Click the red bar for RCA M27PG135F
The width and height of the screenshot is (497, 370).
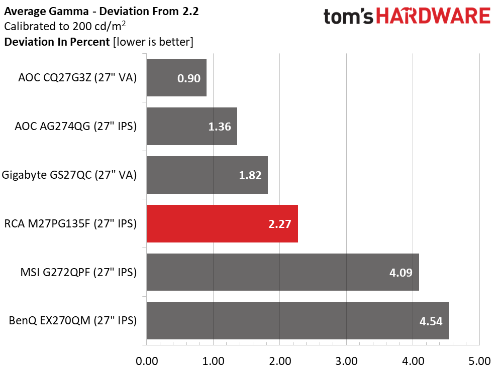pyautogui.click(x=222, y=223)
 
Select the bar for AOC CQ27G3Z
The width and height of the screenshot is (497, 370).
pyautogui.click(x=176, y=78)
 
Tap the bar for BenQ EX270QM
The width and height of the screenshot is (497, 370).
pyautogui.click(x=297, y=321)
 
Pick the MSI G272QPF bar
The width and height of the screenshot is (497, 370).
pyautogui.click(x=283, y=272)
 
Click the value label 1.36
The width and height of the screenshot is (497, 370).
pyautogui.click(x=220, y=127)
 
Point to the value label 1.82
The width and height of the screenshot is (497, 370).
pyautogui.click(x=250, y=175)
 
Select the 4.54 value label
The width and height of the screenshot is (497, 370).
pyautogui.click(x=431, y=321)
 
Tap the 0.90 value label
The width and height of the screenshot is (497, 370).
pyautogui.click(x=189, y=78)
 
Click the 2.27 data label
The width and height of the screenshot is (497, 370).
pyautogui.click(x=279, y=224)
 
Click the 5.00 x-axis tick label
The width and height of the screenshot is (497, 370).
pyautogui.click(x=479, y=361)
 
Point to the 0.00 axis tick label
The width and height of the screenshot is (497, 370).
pyautogui.click(x=147, y=361)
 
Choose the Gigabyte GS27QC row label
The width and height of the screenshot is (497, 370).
pyautogui.click(x=69, y=175)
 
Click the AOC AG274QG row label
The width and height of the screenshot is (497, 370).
pyautogui.click(x=76, y=126)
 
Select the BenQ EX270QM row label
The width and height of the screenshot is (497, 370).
pyautogui.click(x=73, y=321)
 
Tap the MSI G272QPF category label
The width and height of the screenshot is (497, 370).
pyautogui.click(x=78, y=272)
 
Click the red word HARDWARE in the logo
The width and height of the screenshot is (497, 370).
pyautogui.click(x=433, y=16)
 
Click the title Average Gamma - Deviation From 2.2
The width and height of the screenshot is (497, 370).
pyautogui.click(x=102, y=12)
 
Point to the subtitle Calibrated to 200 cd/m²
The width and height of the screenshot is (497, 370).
pyautogui.click(x=65, y=26)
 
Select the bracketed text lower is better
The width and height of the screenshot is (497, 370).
pyautogui.click(x=153, y=42)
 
